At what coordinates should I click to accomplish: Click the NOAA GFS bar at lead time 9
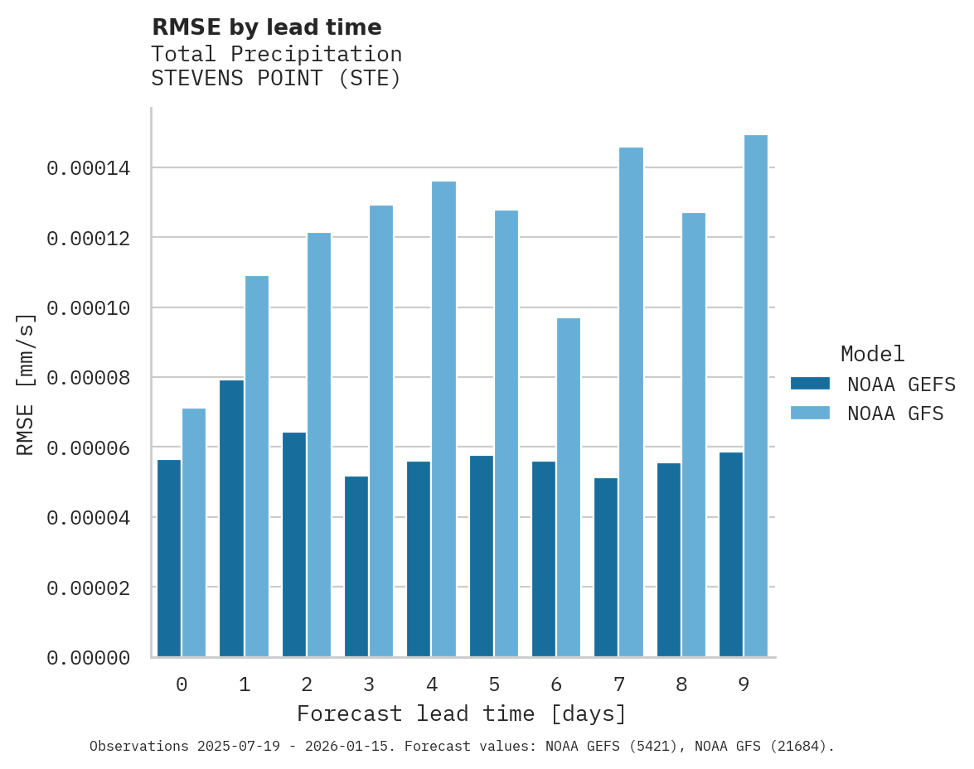click(756, 396)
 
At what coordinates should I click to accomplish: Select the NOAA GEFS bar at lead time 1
click(232, 518)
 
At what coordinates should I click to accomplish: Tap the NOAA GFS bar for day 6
click(569, 487)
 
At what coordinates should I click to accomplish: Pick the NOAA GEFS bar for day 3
click(357, 566)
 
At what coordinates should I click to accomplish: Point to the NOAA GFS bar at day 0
click(194, 532)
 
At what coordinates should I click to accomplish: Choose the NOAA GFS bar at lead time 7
click(631, 402)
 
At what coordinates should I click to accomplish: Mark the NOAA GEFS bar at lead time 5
click(482, 556)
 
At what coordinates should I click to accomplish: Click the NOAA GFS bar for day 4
click(443, 418)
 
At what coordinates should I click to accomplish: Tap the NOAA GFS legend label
click(895, 413)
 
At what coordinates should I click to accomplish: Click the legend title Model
click(872, 354)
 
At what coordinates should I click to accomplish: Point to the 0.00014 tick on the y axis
click(89, 168)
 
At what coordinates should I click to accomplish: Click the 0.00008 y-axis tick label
click(89, 378)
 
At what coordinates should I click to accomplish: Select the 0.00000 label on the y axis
click(89, 658)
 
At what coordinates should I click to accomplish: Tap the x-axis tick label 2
click(307, 684)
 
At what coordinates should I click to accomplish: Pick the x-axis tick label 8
click(681, 684)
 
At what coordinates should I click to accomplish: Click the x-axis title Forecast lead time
click(462, 713)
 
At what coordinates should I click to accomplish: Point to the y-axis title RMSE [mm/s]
click(26, 384)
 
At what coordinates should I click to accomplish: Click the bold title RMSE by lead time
click(267, 27)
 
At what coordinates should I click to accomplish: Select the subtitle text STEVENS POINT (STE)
click(276, 80)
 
